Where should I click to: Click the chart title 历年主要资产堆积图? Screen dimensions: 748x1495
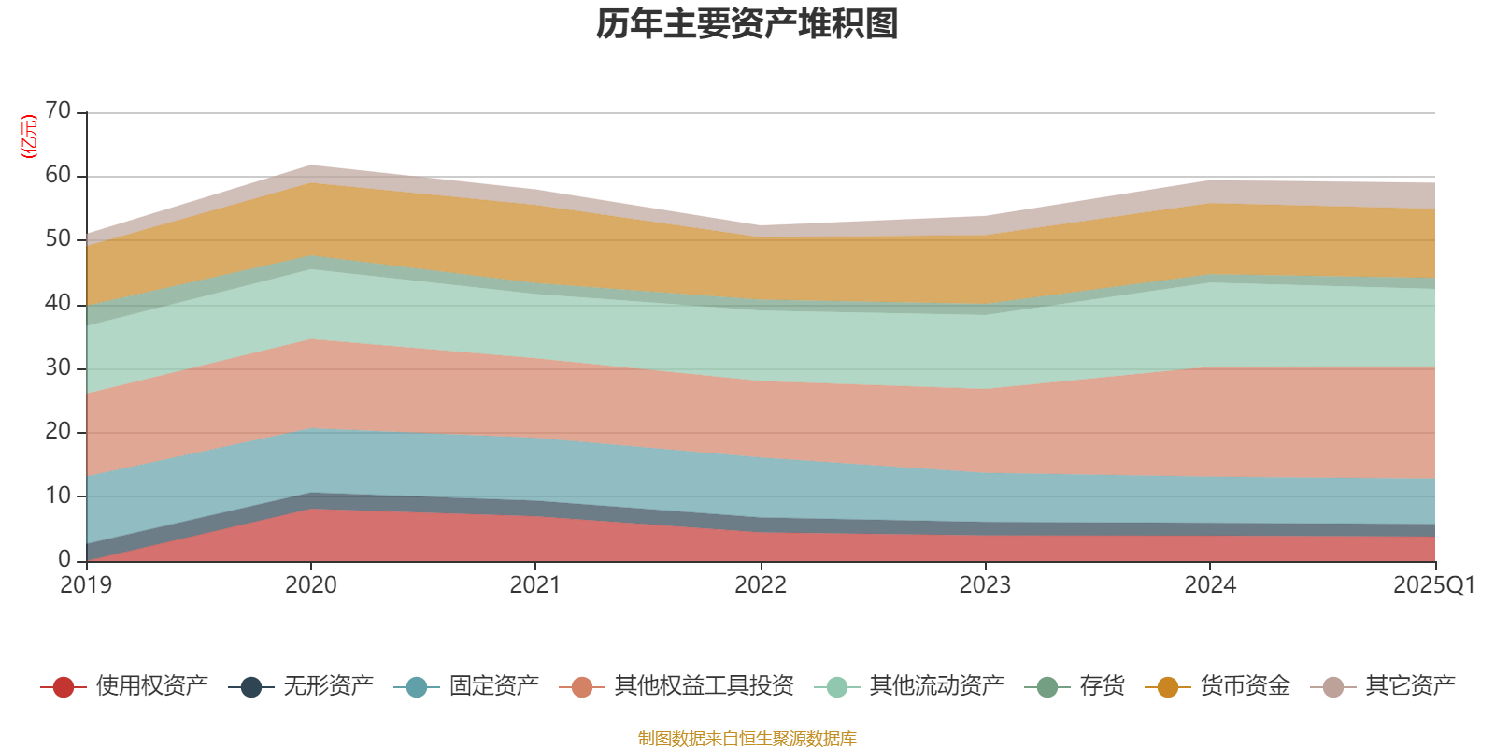[x=747, y=24]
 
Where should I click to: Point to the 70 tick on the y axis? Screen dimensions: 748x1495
[x=58, y=111]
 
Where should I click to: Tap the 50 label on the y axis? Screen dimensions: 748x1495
[x=58, y=239]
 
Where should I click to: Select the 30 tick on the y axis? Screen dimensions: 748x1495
[x=58, y=367]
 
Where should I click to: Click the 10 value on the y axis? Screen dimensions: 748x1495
[x=58, y=496]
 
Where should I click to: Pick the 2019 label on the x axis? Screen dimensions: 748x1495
[x=86, y=585]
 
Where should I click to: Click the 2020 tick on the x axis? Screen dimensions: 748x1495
[x=311, y=585]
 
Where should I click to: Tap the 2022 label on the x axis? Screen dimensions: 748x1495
[x=761, y=585]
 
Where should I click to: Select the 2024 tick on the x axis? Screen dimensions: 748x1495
[x=1210, y=585]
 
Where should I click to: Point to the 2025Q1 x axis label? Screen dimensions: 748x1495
[x=1433, y=585]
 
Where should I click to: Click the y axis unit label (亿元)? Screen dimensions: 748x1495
[x=29, y=137]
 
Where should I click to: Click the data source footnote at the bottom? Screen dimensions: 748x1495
[x=747, y=739]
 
